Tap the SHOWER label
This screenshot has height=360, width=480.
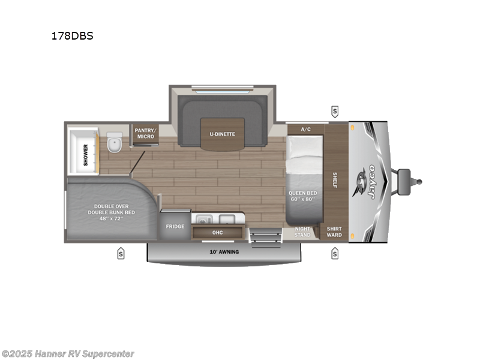(x=86, y=154)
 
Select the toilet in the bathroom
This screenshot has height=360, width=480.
(x=114, y=144)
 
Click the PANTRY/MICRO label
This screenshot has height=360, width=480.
(x=145, y=133)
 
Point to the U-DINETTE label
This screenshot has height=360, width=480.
(x=223, y=134)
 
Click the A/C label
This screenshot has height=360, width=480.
(x=305, y=129)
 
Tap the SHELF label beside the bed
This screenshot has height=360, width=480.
(x=335, y=180)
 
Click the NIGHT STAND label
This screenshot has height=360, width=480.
(x=302, y=232)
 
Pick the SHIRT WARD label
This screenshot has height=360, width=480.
(x=334, y=232)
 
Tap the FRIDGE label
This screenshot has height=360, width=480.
(x=175, y=227)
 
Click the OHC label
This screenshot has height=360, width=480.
(x=217, y=232)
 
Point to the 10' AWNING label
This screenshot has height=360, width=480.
(x=224, y=251)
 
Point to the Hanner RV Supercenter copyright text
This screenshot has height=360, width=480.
(x=68, y=354)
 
